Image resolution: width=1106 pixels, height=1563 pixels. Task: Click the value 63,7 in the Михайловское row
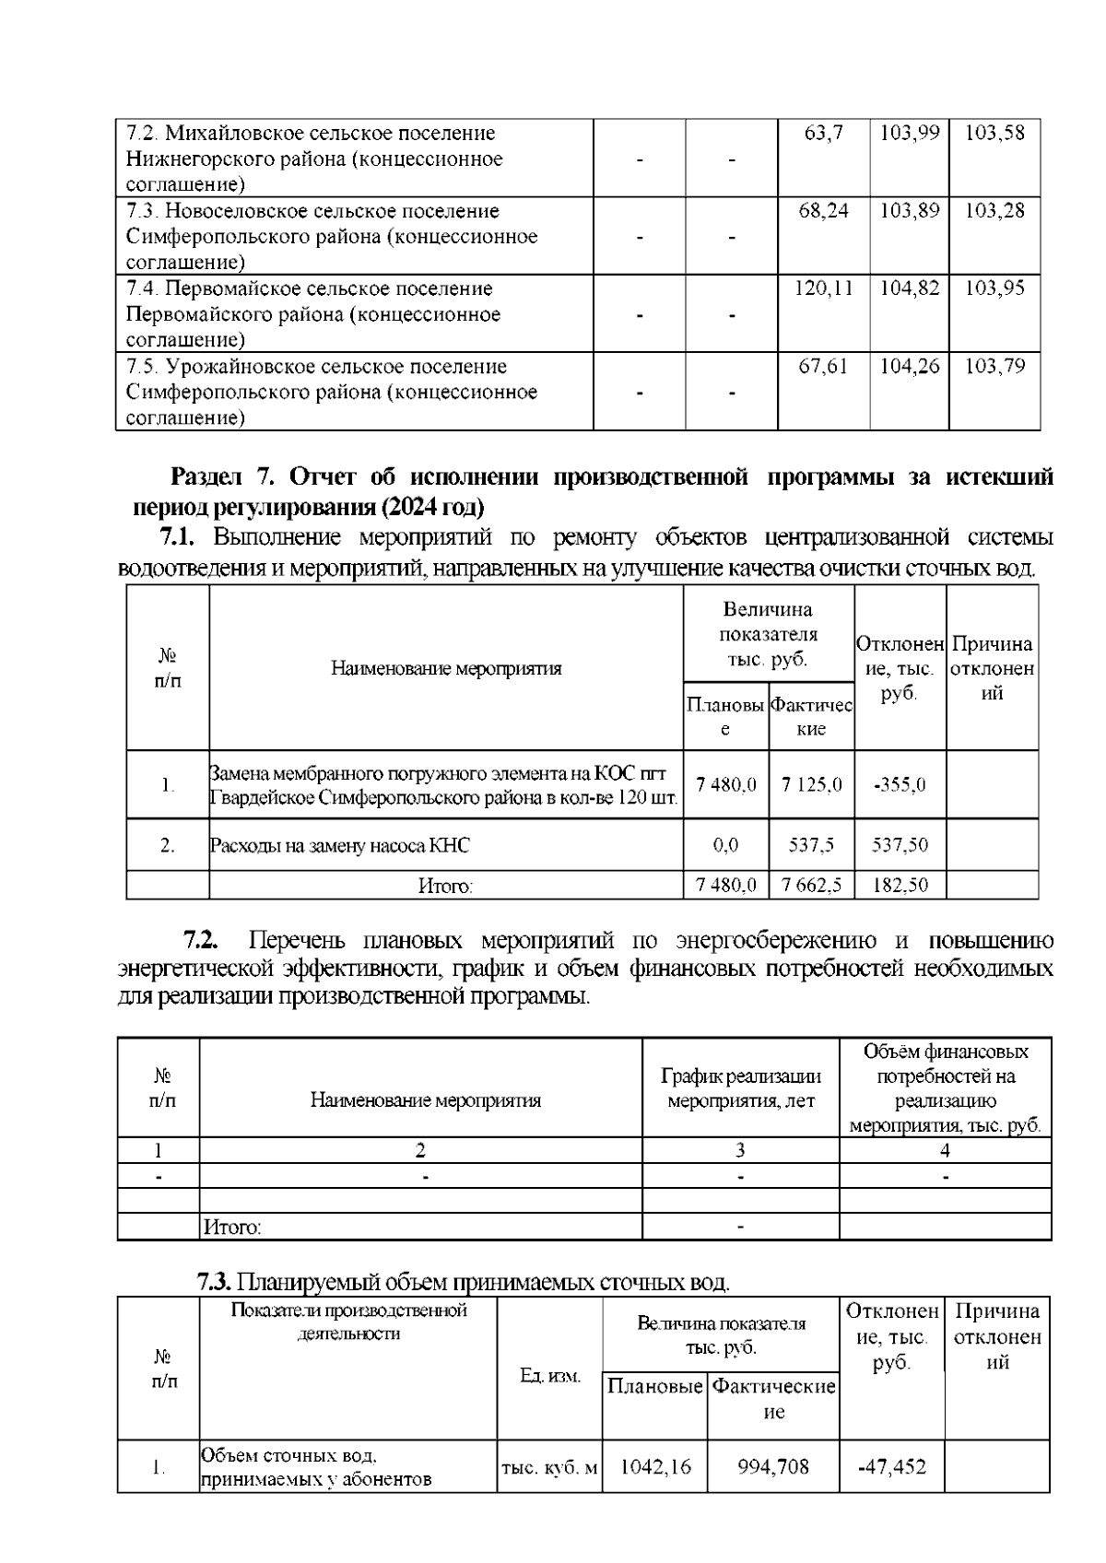(x=823, y=133)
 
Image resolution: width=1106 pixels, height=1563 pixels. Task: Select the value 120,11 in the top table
(x=823, y=288)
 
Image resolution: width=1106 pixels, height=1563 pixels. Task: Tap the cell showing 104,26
(x=909, y=367)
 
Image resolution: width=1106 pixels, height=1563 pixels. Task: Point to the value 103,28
(x=994, y=211)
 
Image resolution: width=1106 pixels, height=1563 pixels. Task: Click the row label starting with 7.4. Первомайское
(x=313, y=314)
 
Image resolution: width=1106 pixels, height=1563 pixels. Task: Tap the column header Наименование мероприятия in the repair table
(x=446, y=668)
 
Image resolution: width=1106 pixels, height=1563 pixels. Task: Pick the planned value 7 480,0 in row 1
(x=726, y=784)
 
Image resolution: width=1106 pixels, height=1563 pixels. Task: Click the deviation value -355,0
(x=900, y=785)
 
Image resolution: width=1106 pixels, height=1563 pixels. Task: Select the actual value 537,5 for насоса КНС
(x=811, y=845)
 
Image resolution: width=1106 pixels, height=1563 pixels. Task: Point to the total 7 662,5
(x=811, y=886)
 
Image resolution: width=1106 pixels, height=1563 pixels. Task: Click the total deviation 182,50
(x=900, y=886)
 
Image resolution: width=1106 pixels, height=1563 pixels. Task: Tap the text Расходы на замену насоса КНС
(x=339, y=845)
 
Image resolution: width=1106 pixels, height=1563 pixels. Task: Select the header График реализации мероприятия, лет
(x=740, y=1088)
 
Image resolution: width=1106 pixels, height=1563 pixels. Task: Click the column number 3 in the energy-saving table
(x=740, y=1150)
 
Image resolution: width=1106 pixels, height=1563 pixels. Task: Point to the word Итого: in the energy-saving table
(x=231, y=1228)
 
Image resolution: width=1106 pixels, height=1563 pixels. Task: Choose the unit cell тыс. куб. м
(x=549, y=1467)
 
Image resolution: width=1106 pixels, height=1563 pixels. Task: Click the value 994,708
(x=772, y=1466)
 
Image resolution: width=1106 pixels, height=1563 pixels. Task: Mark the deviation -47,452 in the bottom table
(x=891, y=1466)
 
